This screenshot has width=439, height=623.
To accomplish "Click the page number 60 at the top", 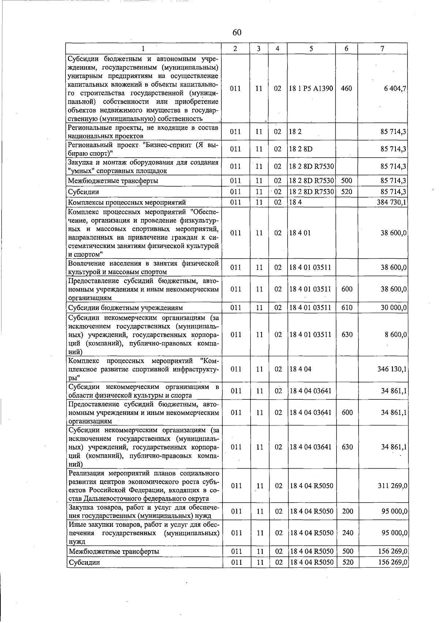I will point(237,33).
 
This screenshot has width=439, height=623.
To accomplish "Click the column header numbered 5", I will point(311,48).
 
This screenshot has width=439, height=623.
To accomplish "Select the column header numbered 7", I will point(382,48).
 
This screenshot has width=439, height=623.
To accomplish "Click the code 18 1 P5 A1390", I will point(311,89).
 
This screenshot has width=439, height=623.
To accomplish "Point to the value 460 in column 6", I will point(346,89).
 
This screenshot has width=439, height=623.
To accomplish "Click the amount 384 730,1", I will point(392,202).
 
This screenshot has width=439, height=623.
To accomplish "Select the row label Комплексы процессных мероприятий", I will point(127,202).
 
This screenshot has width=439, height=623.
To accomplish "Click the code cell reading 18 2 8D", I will point(301,149).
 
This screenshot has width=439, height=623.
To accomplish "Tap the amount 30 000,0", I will point(394,308).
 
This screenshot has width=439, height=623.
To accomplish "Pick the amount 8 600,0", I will point(396,334).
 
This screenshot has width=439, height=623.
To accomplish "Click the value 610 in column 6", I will point(347,308).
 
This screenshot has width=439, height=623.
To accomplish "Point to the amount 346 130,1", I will point(392,369).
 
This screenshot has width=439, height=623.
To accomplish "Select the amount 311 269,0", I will point(393,486).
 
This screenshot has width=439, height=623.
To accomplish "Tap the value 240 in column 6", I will point(348,533).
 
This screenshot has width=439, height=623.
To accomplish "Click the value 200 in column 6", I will point(348,511).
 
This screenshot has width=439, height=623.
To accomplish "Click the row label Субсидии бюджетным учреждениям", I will point(125,308).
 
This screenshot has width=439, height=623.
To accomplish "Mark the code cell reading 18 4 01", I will point(300,233).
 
